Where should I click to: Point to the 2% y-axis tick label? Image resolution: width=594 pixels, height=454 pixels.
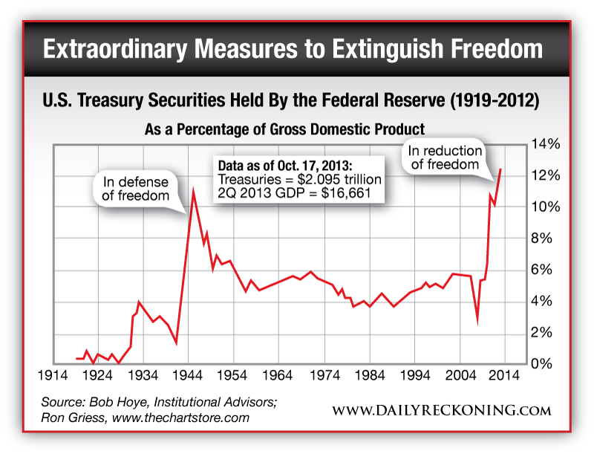[541, 332]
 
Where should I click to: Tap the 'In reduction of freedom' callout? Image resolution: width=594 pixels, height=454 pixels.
[446, 158]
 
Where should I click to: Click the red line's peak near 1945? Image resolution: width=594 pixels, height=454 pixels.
[194, 192]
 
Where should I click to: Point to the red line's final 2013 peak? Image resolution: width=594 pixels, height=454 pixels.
[500, 169]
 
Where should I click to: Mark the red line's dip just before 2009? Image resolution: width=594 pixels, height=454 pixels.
[477, 321]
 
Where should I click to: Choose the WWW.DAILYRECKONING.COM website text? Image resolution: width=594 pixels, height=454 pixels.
[441, 410]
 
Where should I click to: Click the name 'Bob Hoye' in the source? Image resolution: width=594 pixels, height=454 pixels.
[125, 402]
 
